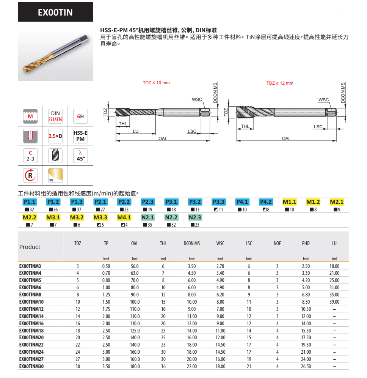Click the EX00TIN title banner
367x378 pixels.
click(x=55, y=12)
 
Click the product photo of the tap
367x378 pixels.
click(x=55, y=54)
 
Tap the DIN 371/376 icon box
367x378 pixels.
click(x=55, y=116)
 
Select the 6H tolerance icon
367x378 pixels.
click(x=80, y=116)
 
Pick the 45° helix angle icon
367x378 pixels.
click(x=80, y=156)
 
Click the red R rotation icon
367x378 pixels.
click(x=30, y=175)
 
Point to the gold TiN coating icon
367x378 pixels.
click(x=55, y=175)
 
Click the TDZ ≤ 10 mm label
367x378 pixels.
click(x=156, y=83)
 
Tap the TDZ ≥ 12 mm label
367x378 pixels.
click(x=280, y=83)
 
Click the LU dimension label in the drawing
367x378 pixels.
click(x=135, y=131)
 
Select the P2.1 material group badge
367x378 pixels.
click(x=100, y=202)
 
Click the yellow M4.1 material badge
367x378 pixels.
click(x=124, y=217)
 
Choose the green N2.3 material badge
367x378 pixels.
click(x=195, y=217)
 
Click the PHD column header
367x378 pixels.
click(x=306, y=243)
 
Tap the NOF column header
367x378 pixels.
click(x=277, y=243)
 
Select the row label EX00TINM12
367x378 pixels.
click(x=31, y=309)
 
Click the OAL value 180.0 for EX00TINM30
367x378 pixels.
click(x=135, y=366)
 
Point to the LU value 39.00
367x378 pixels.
click(x=334, y=302)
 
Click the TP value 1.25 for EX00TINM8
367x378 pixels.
click(x=106, y=295)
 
